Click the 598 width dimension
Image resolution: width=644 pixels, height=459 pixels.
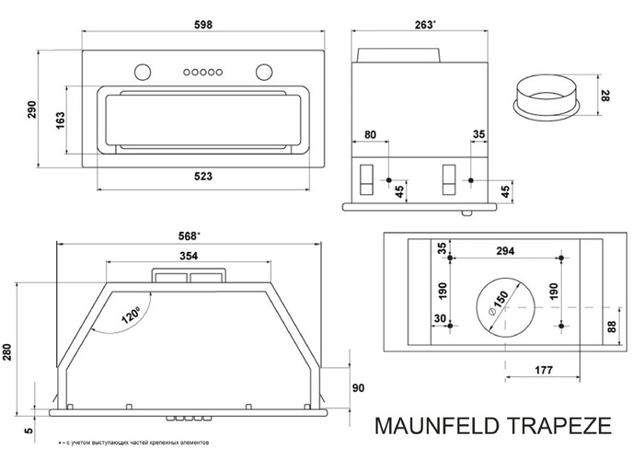click(x=201, y=27)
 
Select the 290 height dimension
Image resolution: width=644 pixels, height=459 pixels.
click(x=27, y=108)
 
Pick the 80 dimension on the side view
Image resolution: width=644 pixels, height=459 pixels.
click(x=371, y=135)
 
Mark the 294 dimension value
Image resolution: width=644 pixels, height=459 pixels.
click(x=503, y=250)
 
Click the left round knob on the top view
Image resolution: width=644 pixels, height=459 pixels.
click(x=143, y=72)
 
